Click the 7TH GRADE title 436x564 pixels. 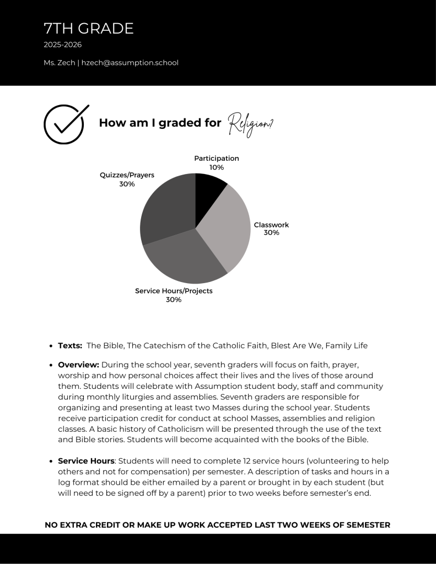(88, 29)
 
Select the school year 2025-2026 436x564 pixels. (62, 45)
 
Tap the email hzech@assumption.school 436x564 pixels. (130, 63)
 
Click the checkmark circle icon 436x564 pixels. (65, 124)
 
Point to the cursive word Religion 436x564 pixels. (250, 123)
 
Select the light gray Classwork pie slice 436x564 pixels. (226, 229)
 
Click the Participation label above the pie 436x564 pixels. (216, 158)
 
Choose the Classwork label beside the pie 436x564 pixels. (271, 225)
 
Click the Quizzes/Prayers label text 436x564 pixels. (127, 175)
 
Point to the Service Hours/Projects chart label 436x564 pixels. (174, 291)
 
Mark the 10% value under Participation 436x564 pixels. (216, 167)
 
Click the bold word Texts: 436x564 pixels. (70, 346)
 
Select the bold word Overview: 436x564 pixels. (78, 365)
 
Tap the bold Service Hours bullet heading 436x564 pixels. (87, 460)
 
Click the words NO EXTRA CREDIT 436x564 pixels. (82, 525)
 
